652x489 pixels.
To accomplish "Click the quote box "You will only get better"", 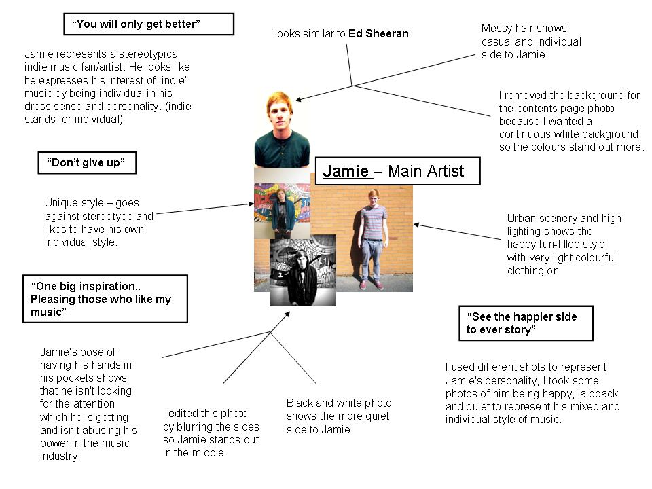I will (148, 24).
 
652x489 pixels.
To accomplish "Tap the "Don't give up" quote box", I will (86, 163).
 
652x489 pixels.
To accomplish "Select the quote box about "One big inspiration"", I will (105, 299).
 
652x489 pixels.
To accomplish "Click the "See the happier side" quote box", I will (526, 323).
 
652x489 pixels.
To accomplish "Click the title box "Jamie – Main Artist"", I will (397, 171).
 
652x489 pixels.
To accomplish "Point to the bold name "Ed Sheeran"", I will (378, 33).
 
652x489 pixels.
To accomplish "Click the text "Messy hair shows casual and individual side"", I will (530, 41).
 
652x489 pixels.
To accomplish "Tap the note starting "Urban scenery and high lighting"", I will (563, 244).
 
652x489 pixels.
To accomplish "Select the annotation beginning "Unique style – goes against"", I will (99, 222).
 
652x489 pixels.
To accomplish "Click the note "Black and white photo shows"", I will (338, 416).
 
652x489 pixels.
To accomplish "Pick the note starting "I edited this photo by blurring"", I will (211, 433).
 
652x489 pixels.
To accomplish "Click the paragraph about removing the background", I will (570, 121).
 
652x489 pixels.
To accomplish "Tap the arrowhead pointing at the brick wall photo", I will (416, 224).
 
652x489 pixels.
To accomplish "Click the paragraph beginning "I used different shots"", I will (532, 393).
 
